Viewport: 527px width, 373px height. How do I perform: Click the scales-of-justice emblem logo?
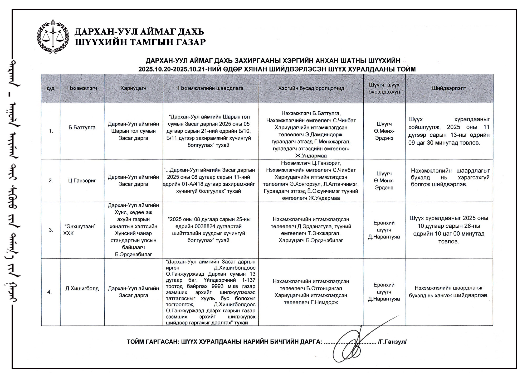[x=53, y=36]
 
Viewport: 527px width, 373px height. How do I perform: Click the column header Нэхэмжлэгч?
[x=82, y=88]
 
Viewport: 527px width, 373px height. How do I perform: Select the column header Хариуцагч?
[x=133, y=88]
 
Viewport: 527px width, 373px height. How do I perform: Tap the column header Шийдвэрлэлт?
[x=449, y=88]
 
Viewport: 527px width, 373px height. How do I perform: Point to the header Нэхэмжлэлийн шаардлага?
[x=211, y=88]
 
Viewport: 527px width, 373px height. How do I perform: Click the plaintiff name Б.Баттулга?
[x=82, y=128]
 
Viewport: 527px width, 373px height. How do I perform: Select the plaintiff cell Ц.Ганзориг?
[x=82, y=181]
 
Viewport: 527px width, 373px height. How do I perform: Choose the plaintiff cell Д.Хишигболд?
[x=82, y=288]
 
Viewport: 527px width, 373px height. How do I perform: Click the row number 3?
[x=51, y=230]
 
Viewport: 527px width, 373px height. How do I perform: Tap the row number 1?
[x=51, y=131]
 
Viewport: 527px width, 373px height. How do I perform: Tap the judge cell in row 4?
[x=384, y=292]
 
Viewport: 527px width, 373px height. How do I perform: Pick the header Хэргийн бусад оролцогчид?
[x=311, y=88]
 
